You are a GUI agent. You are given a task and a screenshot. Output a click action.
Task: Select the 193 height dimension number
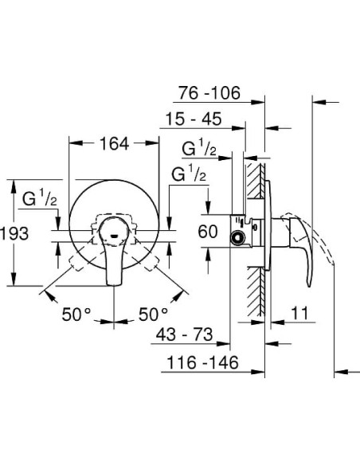tap(14, 233)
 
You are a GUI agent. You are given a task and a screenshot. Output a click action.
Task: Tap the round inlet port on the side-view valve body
tap(237, 236)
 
